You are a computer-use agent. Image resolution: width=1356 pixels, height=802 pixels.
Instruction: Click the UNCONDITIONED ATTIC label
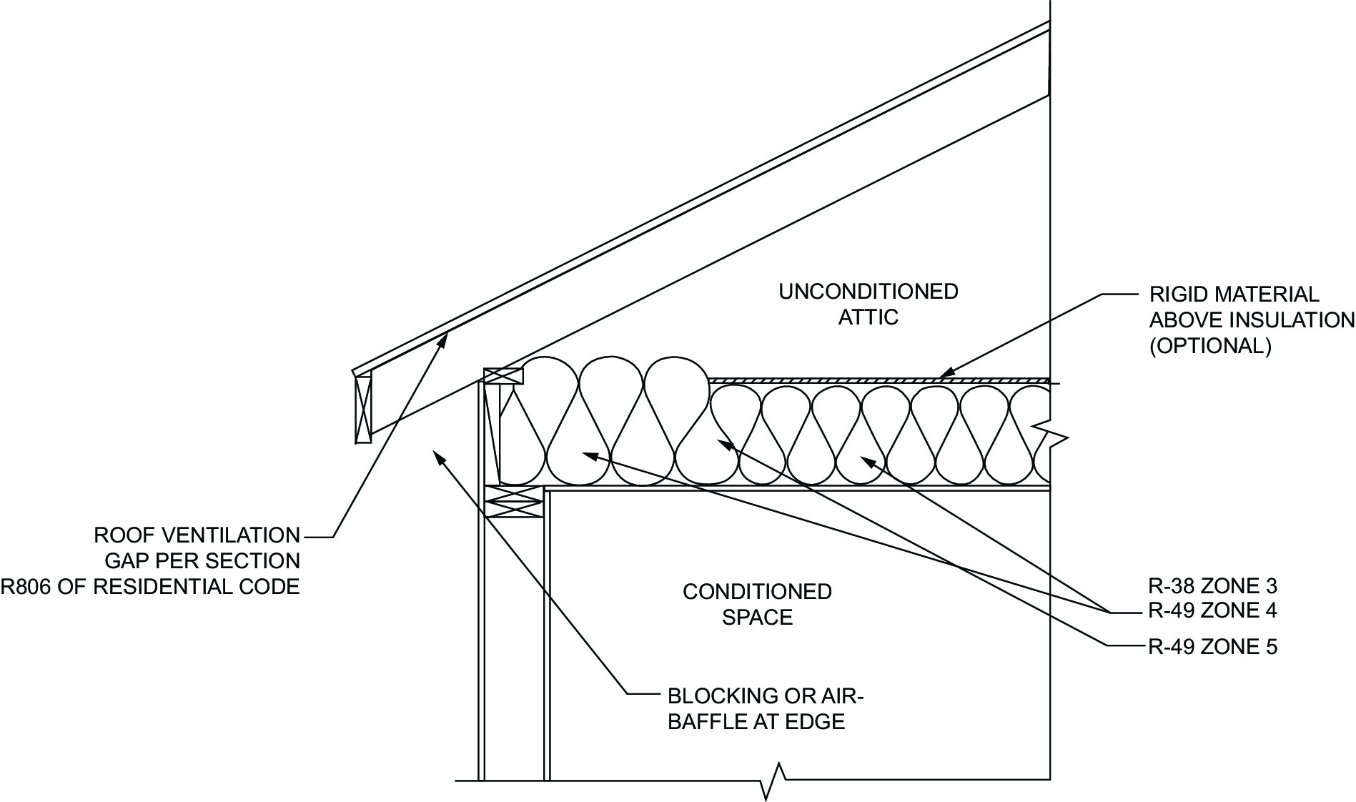(x=868, y=304)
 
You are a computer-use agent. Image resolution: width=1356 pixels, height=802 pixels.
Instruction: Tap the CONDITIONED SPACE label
(x=757, y=604)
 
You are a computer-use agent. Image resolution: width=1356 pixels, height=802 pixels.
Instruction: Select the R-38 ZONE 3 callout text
(x=1212, y=586)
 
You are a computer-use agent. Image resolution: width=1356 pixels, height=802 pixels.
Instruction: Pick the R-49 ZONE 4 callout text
(x=1212, y=611)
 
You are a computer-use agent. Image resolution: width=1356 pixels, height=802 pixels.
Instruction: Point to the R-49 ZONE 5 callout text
(x=1212, y=647)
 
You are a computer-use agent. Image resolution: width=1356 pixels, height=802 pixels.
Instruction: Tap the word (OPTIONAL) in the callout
(x=1210, y=346)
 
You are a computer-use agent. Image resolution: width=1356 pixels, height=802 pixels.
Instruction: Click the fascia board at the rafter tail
(x=363, y=409)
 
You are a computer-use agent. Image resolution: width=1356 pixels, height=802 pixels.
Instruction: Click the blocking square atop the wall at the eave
(x=503, y=376)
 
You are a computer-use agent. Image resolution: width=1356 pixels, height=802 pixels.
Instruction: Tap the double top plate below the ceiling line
(x=513, y=501)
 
